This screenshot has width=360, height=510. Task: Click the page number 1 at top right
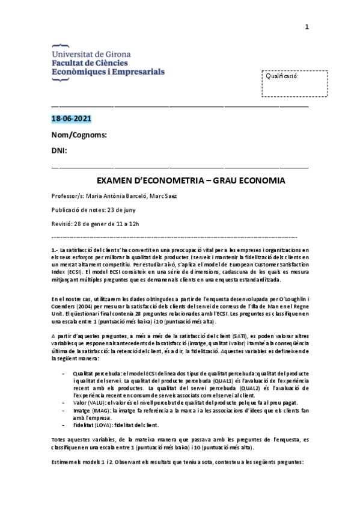pos(307,26)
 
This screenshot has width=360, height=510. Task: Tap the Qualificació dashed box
pos(294,83)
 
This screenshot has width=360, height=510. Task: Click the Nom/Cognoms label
pos(79,135)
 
